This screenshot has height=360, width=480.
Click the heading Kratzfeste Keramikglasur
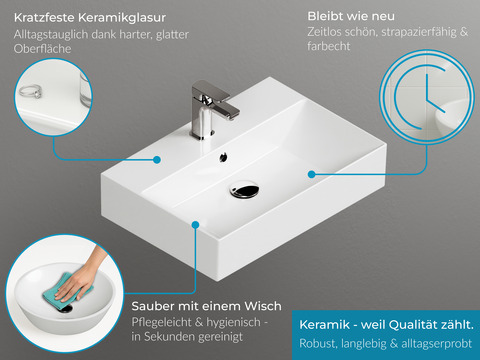90,18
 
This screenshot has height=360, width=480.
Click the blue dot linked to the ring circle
158,158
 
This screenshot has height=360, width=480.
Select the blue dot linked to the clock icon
312,174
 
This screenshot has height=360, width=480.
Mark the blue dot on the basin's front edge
196,226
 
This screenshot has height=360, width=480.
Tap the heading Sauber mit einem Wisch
206,305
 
